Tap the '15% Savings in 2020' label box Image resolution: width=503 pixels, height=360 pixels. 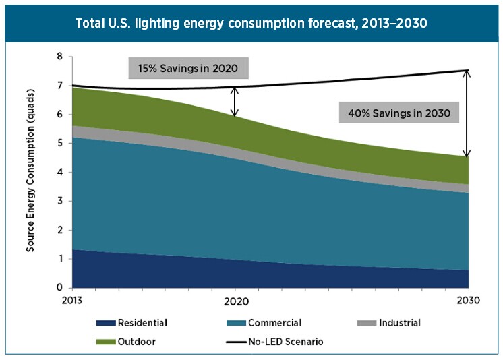[x=188, y=68]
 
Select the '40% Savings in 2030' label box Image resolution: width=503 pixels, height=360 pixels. [x=399, y=113]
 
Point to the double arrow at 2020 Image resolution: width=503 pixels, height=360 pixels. [x=235, y=101]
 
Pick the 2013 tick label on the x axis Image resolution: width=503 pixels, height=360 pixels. [x=73, y=300]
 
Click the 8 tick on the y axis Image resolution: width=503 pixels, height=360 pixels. [x=60, y=57]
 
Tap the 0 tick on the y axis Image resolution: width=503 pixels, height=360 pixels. [x=60, y=288]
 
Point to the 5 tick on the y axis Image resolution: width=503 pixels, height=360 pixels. [x=60, y=144]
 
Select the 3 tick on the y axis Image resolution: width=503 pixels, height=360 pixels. [x=60, y=201]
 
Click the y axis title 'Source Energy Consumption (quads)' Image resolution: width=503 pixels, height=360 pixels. [x=31, y=173]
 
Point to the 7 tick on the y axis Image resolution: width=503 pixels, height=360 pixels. [x=60, y=86]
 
